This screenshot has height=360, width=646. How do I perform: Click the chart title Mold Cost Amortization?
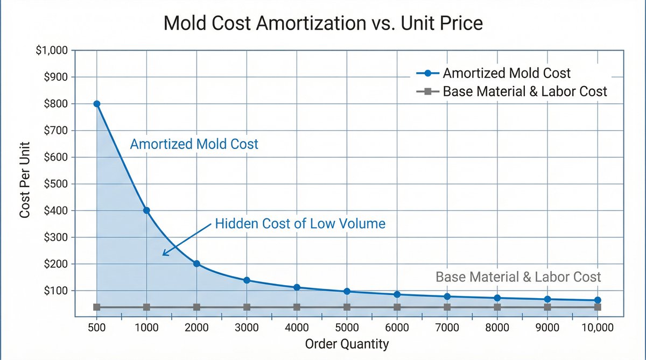(323, 24)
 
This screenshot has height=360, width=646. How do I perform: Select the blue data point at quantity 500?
(97, 104)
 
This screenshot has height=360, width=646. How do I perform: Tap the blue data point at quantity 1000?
(146, 210)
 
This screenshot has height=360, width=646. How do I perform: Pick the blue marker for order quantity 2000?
(196, 264)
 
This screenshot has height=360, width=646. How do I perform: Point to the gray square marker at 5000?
(347, 307)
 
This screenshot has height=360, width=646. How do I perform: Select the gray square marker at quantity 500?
(97, 307)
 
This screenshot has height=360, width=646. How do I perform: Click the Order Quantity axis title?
(347, 344)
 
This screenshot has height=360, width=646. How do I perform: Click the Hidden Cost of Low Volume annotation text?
(300, 223)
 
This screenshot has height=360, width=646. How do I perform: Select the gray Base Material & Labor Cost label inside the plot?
(518, 277)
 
